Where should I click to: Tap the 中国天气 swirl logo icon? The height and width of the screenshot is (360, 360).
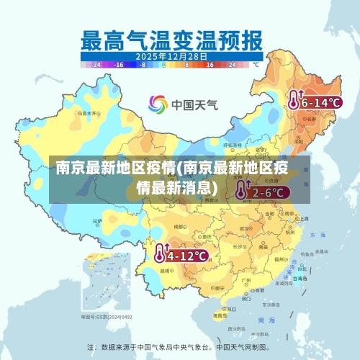158,104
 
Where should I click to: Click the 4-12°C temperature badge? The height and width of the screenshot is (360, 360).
181,254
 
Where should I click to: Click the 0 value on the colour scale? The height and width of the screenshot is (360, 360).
164,64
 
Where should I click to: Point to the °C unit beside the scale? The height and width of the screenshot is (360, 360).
255,64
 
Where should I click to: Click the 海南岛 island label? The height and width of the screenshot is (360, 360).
220,315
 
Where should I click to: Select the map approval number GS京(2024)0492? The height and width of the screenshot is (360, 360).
106,316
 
